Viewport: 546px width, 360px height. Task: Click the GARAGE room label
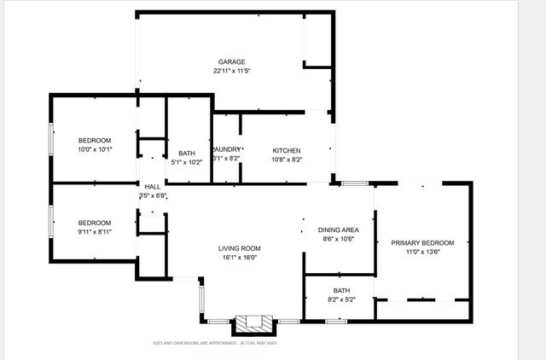(231, 62)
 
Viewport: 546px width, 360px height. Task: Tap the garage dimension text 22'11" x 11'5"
(231, 72)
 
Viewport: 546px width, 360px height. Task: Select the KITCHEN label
(287, 150)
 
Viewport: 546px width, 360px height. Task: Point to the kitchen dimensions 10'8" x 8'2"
(287, 160)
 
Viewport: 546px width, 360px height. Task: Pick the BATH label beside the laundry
(188, 153)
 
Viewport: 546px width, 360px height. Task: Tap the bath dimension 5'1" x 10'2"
(188, 162)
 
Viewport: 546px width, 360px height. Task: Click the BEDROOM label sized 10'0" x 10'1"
(95, 140)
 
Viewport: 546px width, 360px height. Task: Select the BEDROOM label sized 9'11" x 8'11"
(95, 220)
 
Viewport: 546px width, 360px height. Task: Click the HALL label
(153, 187)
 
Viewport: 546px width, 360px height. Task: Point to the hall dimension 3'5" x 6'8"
(153, 196)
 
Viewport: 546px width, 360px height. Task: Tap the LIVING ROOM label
(240, 248)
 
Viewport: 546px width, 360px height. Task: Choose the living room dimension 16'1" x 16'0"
(240, 258)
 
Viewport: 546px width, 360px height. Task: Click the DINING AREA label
(338, 230)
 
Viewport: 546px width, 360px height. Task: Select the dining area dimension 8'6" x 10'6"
(338, 240)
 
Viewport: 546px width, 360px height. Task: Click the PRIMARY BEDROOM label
(422, 243)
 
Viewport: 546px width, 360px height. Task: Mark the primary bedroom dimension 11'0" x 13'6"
(422, 253)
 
